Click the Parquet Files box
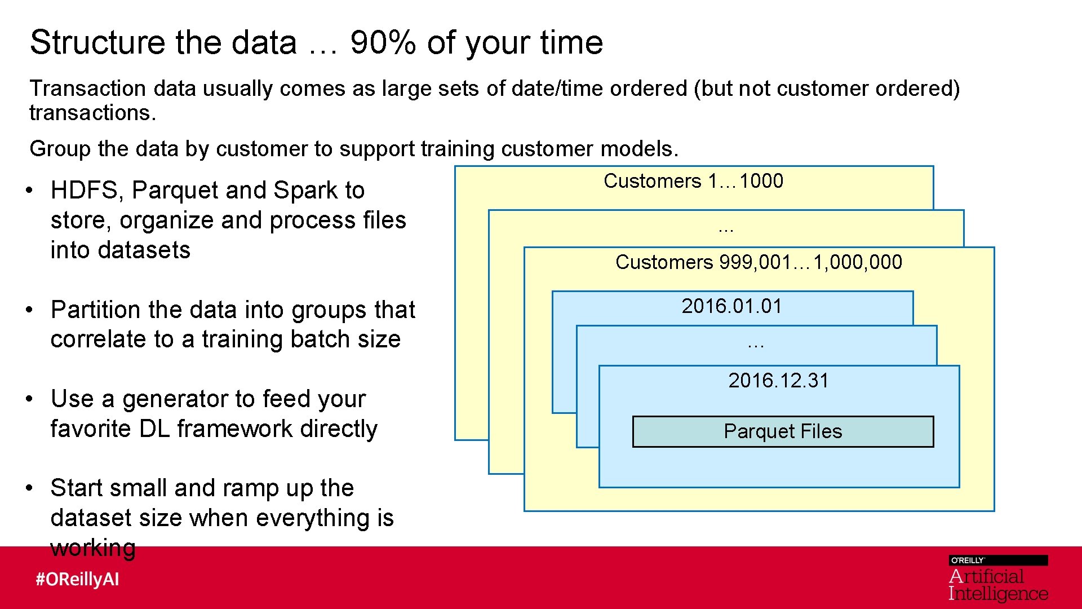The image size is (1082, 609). [x=783, y=431]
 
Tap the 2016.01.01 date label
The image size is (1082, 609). [x=731, y=306]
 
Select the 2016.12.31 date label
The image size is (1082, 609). [x=778, y=381]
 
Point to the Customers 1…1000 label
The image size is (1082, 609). [x=693, y=181]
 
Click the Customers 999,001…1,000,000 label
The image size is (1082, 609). [x=759, y=262]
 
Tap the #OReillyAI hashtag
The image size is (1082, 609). [x=77, y=579]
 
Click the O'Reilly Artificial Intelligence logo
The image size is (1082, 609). [x=997, y=579]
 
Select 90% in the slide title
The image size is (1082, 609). [x=383, y=42]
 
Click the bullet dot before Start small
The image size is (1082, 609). [x=29, y=488]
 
